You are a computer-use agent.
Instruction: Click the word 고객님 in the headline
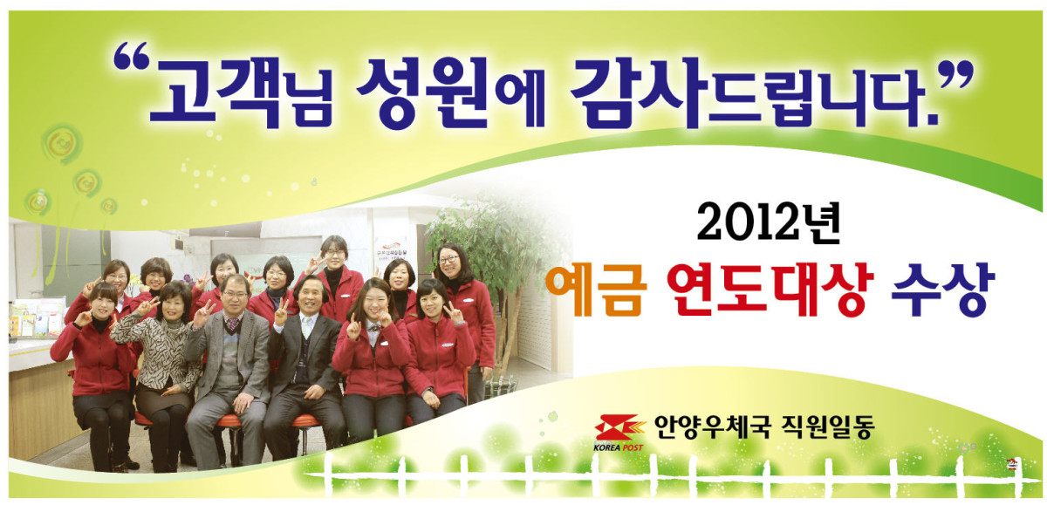241,92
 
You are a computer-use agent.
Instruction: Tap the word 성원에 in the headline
451,92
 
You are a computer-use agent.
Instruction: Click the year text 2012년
769,222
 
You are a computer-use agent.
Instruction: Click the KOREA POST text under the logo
618,447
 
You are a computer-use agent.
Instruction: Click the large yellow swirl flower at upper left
61,143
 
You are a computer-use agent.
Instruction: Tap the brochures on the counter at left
36,318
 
